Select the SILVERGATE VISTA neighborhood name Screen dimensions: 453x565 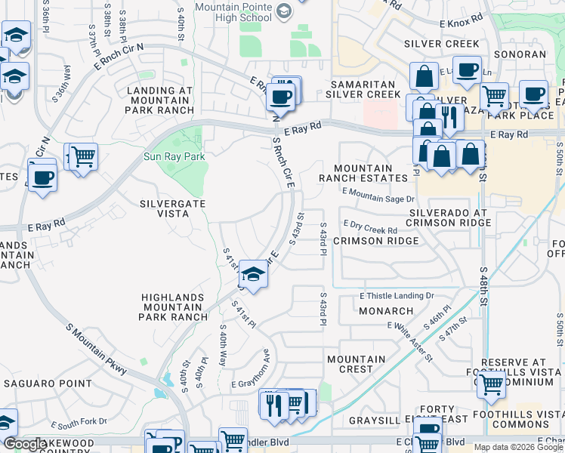point(173,208)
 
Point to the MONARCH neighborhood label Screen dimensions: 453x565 point(385,310)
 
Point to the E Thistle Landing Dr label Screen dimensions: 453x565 point(397,296)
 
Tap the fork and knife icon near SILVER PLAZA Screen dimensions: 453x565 point(449,117)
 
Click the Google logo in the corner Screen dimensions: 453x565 point(25,445)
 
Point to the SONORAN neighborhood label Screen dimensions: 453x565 point(520,54)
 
